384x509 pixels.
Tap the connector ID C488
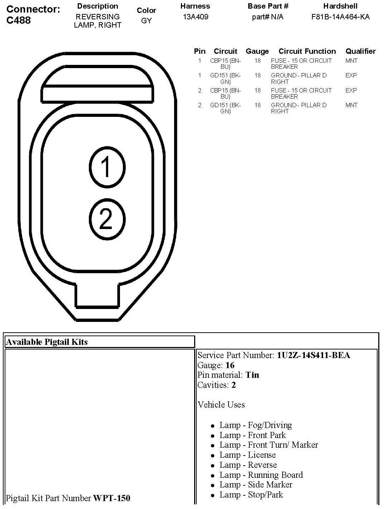19,20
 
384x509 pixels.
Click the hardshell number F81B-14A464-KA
340,17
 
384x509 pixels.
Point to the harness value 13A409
195,17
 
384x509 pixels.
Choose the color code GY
146,21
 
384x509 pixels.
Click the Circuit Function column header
307,51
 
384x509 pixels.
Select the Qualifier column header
360,51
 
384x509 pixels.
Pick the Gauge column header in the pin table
257,51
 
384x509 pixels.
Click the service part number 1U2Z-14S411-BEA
313,355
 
